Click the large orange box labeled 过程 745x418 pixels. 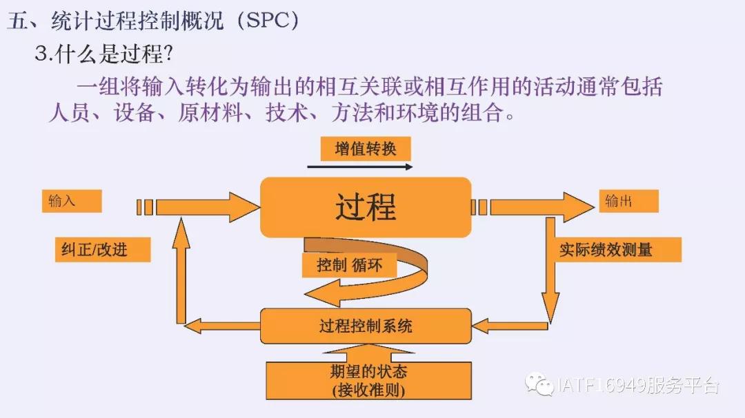tap(366, 207)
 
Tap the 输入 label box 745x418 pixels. tap(70, 201)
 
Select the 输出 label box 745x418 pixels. tap(627, 201)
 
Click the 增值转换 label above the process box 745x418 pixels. tap(366, 149)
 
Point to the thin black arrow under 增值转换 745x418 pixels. tap(359, 167)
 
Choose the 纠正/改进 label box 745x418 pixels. tap(101, 249)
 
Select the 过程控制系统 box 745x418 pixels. tap(366, 326)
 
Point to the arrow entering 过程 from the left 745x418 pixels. tap(207, 207)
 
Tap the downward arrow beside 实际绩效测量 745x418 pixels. tap(550, 269)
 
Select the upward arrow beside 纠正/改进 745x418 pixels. tap(181, 269)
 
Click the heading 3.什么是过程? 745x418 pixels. tap(103, 54)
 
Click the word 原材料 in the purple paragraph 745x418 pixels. tap(210, 112)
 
